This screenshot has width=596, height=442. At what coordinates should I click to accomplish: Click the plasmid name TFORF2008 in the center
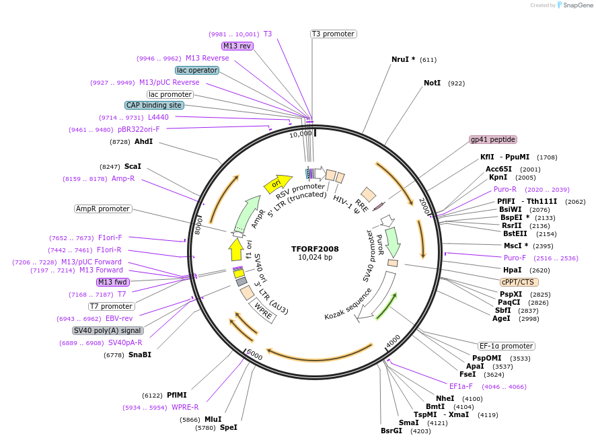315,248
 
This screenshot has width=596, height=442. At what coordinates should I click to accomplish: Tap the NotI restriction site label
432,83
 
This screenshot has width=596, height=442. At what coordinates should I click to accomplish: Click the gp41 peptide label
493,140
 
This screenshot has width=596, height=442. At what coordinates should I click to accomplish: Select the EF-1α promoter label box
507,346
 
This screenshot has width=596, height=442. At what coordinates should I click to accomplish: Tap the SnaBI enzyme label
140,355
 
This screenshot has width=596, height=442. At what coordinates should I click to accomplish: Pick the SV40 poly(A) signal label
108,330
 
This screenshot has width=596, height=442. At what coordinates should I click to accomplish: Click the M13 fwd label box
112,282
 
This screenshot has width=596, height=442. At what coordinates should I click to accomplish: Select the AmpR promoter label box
103,209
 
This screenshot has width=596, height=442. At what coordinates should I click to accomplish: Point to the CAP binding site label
153,105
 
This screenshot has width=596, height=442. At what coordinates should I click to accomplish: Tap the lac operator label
196,70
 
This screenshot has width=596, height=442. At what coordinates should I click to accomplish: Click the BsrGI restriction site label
392,431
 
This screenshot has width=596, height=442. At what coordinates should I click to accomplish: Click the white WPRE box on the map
263,311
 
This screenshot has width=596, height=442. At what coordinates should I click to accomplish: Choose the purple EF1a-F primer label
461,386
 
